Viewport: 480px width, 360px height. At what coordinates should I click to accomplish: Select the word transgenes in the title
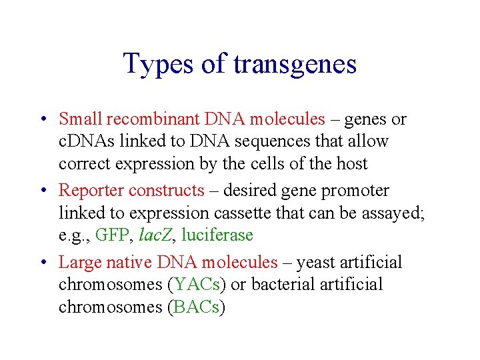(x=295, y=65)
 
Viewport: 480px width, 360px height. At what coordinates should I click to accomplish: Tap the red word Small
(x=80, y=119)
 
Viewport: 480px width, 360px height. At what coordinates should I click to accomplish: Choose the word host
(x=349, y=163)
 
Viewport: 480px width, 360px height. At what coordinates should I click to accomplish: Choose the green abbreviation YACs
(x=196, y=285)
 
